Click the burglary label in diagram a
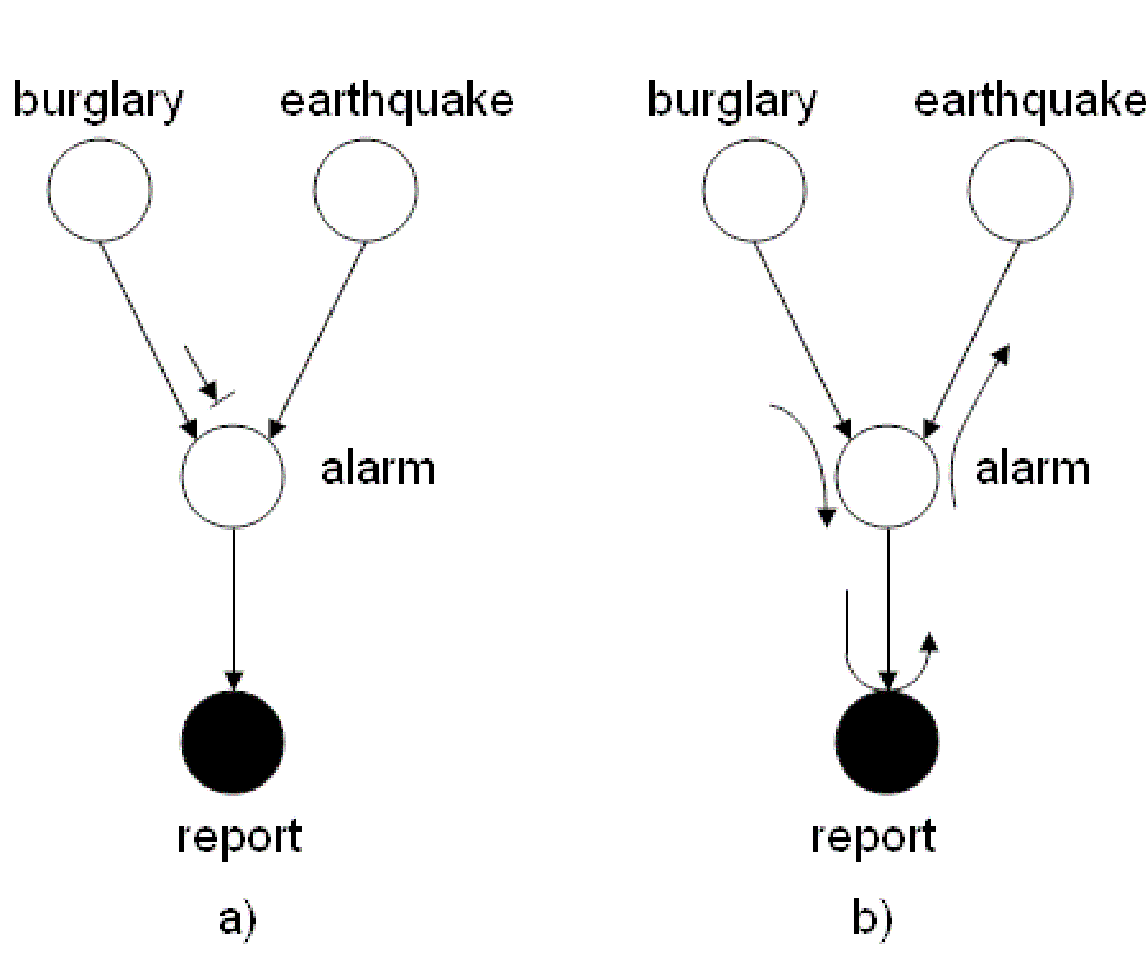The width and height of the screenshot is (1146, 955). pyautogui.click(x=98, y=101)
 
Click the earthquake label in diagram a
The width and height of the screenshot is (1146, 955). pyautogui.click(x=397, y=101)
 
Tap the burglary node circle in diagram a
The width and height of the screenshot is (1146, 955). pyautogui.click(x=100, y=190)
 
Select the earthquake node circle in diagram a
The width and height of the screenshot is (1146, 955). pyautogui.click(x=366, y=190)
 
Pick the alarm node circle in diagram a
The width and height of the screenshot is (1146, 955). pyautogui.click(x=233, y=475)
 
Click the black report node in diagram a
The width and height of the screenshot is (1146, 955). pyautogui.click(x=233, y=742)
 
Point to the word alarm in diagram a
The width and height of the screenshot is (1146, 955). pyautogui.click(x=378, y=469)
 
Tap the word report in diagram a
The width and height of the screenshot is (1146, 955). pyautogui.click(x=239, y=837)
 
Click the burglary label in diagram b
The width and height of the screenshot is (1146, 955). pyautogui.click(x=732, y=101)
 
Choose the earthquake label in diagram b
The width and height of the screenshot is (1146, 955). pyautogui.click(x=1029, y=101)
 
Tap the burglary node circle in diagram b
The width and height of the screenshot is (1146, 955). pyautogui.click(x=754, y=190)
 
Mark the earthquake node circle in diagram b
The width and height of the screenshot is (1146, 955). pyautogui.click(x=1020, y=190)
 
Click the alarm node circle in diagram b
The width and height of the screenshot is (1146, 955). pyautogui.click(x=888, y=475)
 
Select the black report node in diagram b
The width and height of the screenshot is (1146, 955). pyautogui.click(x=887, y=742)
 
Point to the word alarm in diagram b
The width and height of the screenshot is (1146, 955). pyautogui.click(x=1033, y=469)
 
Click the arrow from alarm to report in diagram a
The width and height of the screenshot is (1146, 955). pyautogui.click(x=234, y=607)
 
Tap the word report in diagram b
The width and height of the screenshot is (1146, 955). pyautogui.click(x=873, y=837)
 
